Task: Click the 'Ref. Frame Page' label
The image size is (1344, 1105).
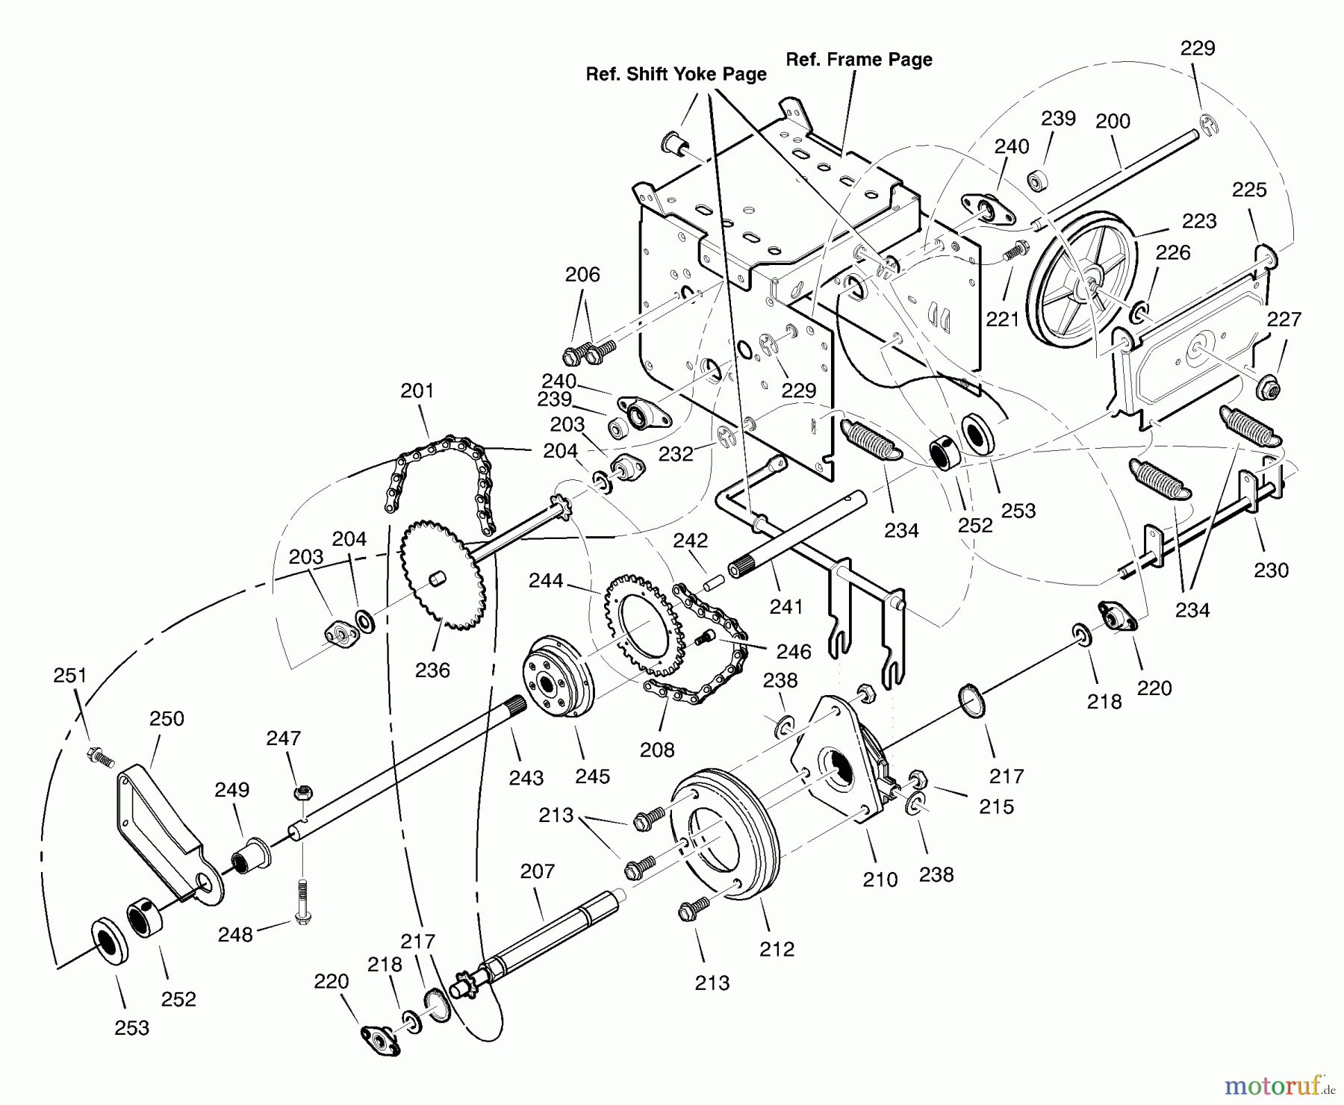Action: tap(859, 60)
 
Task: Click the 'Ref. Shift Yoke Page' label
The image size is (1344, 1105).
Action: tap(676, 75)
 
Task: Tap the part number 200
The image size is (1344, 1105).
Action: tap(1113, 121)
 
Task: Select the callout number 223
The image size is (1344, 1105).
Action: tap(1199, 221)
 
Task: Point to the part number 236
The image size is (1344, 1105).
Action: tap(432, 670)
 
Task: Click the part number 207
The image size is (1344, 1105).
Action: tap(538, 871)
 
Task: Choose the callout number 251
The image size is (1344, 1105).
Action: tap(70, 675)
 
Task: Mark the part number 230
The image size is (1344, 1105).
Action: tap(1271, 570)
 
